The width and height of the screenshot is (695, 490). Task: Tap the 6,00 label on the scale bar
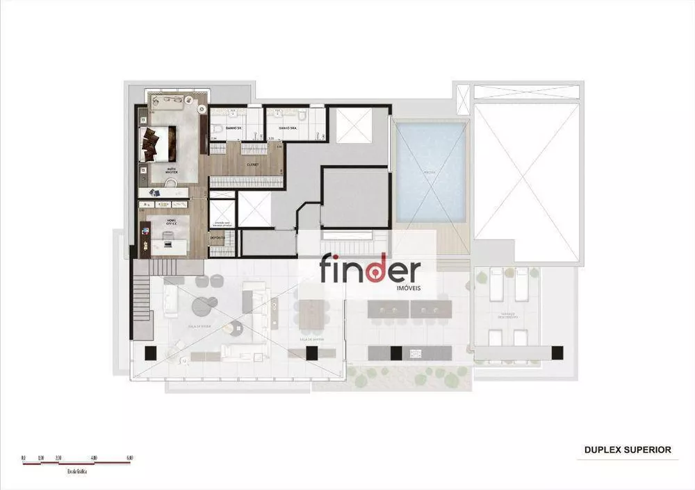130,458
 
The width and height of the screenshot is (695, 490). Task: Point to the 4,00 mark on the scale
94,458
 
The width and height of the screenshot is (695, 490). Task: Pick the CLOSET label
252,164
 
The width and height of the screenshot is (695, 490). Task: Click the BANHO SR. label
233,128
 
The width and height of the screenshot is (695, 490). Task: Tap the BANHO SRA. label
288,128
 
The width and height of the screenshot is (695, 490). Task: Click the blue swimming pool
429,172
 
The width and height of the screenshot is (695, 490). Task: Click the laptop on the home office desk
167,237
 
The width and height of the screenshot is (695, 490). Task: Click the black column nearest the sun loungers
555,353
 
